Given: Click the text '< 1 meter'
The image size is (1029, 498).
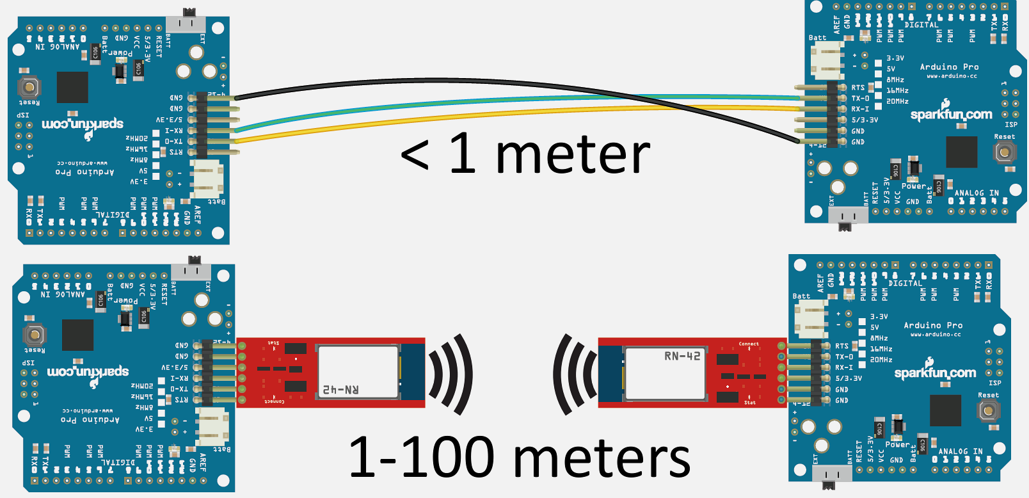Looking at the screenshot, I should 525,155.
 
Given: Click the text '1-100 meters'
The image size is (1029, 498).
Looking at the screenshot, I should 519,457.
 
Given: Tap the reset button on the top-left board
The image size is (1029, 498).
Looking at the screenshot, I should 29,86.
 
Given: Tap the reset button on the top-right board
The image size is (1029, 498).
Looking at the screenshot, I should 1004,152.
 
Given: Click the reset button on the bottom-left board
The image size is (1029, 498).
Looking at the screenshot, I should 35,334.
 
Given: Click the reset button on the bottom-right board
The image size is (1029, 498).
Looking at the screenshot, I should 988,410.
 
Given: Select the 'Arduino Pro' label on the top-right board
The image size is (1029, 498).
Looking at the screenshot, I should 949,67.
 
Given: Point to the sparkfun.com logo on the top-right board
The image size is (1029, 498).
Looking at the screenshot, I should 951,114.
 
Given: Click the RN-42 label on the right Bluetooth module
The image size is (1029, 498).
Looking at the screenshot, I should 682,356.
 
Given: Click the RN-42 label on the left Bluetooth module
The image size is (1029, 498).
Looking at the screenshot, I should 340,389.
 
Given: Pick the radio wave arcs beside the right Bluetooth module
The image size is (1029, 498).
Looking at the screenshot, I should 575,374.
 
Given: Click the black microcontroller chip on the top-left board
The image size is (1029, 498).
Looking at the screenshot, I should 72,87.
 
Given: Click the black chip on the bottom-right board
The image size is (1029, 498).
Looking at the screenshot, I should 945,410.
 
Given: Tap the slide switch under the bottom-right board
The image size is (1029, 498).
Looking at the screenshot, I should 831,474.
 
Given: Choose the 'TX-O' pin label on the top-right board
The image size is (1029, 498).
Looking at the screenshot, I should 860,99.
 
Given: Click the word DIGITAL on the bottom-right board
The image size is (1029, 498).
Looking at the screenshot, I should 905,283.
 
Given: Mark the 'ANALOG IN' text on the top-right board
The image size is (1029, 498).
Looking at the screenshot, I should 977,193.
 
